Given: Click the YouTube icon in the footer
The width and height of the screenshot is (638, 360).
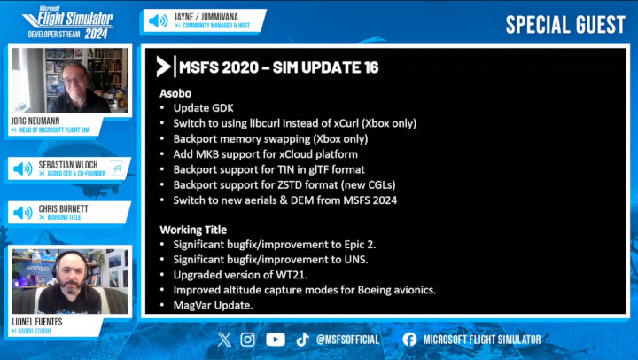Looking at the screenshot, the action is pos(276,340).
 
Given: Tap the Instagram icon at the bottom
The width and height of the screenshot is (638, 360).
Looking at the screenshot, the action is pos(247,340).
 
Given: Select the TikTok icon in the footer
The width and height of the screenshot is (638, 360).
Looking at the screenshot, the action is pos(302,340).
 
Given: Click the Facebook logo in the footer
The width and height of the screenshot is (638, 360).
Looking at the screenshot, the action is pos(409,340).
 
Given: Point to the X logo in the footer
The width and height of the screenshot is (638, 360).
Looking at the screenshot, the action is pos(224,340).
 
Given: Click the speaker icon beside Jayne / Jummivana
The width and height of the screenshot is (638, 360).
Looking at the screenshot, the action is pos(158,20).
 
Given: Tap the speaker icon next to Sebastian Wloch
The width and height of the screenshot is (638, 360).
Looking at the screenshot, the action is pos(23,168).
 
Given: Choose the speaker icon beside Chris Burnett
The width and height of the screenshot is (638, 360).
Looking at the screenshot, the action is pos(23,212).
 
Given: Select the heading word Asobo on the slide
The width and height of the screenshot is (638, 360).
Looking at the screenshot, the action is pos(175,93).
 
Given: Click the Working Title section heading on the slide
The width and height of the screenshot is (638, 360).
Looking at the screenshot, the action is pos(193,230).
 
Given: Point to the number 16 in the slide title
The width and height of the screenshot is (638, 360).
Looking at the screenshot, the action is pos(371,67).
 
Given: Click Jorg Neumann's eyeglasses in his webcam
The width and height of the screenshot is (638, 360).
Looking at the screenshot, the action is pos(74,80).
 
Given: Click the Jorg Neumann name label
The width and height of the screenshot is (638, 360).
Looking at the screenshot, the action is pos(35,121).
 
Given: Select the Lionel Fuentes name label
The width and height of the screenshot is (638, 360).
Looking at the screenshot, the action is pos(37,322).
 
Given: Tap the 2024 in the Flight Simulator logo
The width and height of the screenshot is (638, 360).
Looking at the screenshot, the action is pos(96,34).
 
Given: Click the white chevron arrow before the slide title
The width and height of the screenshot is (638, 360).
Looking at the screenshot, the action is pos(163,67).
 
